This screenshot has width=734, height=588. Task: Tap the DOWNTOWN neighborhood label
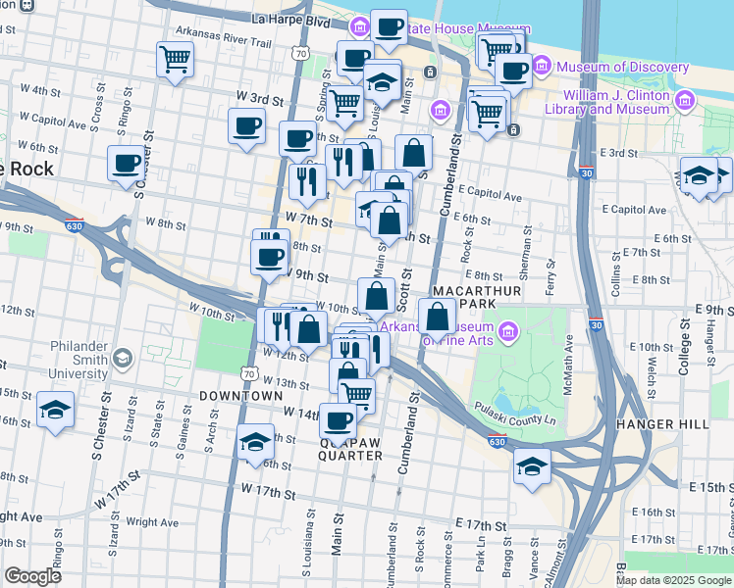240,396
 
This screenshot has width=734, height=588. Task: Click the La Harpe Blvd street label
290,19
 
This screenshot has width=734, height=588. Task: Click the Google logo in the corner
32,576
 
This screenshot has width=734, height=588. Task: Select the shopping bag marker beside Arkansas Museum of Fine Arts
437,316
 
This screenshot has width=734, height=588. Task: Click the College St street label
685,352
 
